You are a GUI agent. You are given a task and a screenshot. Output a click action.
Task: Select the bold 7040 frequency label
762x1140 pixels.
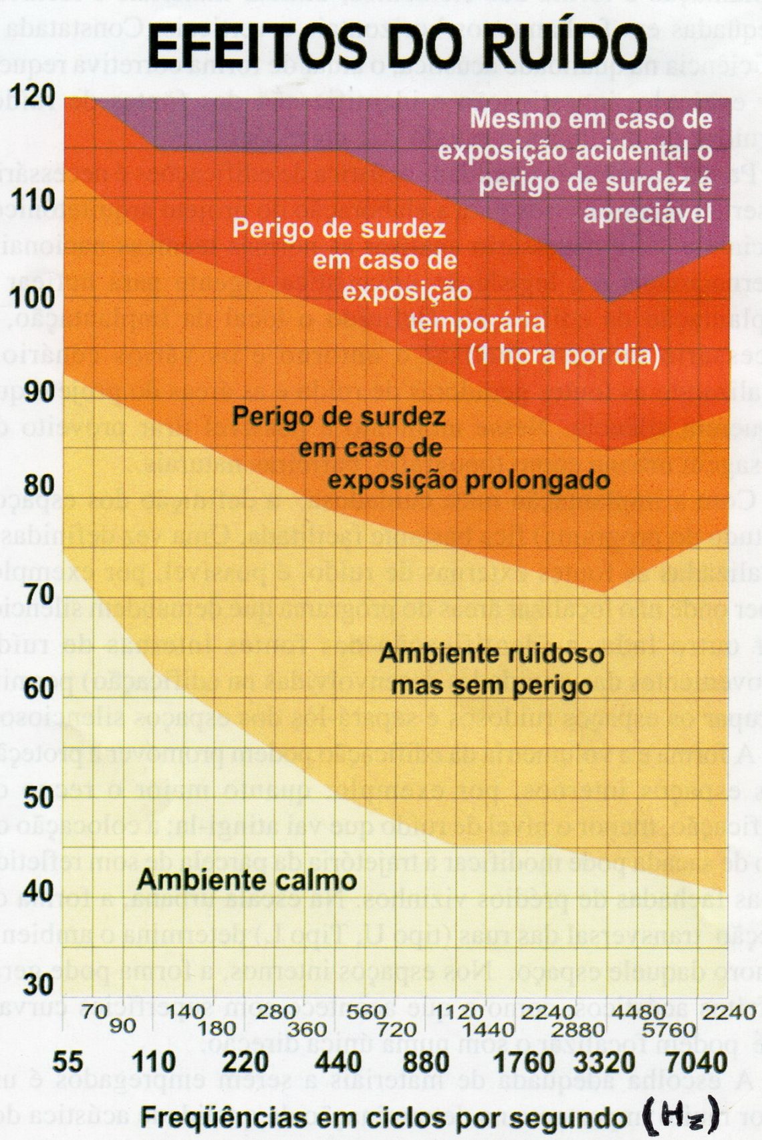point(698,1062)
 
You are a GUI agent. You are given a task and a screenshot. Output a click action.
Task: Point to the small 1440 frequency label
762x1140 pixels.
point(489,1029)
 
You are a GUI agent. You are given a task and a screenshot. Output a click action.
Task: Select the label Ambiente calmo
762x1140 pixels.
point(247,879)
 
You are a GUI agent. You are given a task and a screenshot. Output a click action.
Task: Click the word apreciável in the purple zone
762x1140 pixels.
point(646,214)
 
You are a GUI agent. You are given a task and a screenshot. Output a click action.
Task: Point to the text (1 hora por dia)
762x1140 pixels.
point(563,354)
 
